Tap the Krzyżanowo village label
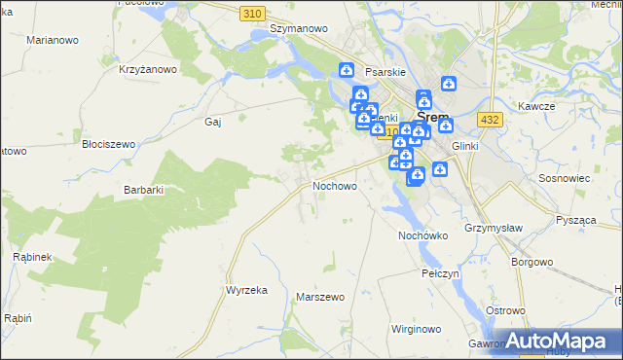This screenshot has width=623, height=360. click(147, 69)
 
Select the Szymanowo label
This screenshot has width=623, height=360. click(298, 29)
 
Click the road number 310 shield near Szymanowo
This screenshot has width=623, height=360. click(252, 13)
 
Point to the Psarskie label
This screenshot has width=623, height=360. click(385, 71)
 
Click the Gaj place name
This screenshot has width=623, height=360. click(213, 122)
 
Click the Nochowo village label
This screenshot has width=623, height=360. click(334, 184)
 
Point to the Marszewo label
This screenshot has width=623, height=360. click(321, 296)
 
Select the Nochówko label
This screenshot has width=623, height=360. click(422, 235)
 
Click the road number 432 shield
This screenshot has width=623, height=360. click(490, 119)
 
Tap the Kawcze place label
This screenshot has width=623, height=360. click(536, 106)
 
